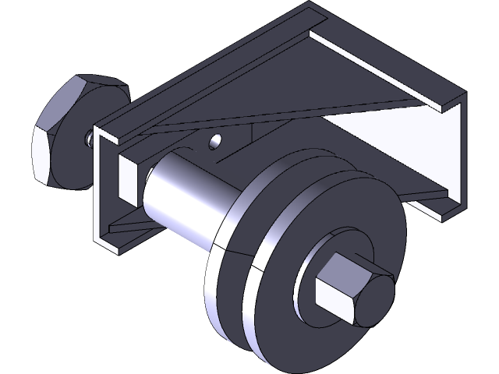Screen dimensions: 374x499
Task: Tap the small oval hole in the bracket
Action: [216, 143]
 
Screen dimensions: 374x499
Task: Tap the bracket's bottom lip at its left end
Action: [117, 245]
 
